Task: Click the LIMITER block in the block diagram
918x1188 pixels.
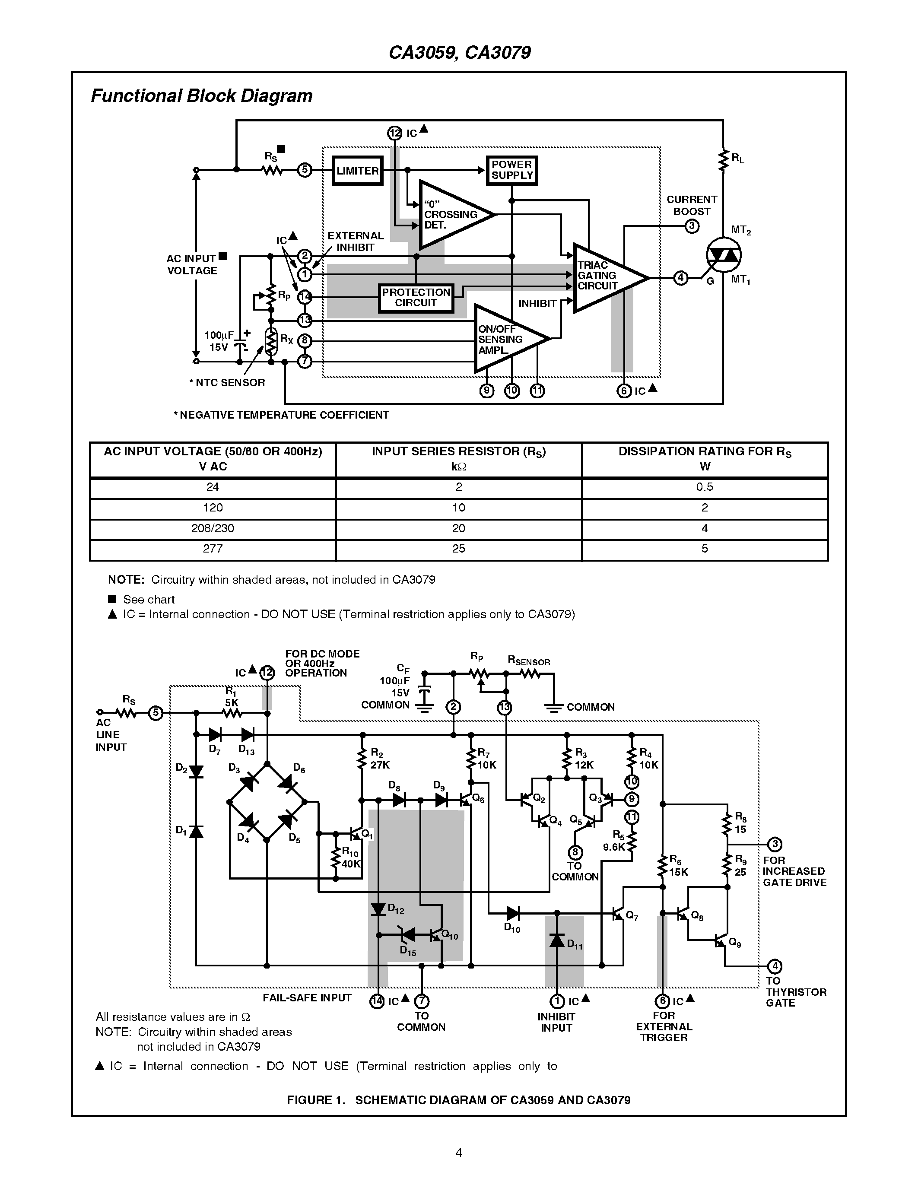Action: [357, 171]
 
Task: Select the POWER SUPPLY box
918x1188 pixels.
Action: [512, 170]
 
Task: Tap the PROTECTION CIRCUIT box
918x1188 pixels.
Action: [416, 298]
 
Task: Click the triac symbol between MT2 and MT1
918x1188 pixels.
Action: [723, 254]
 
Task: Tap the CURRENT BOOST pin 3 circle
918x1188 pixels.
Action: [691, 226]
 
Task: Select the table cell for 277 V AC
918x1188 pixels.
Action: [213, 549]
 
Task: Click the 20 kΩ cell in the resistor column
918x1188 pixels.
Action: [458, 528]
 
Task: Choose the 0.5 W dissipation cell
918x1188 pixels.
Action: [704, 487]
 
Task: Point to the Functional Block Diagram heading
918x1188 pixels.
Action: [201, 96]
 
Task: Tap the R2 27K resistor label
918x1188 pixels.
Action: [380, 759]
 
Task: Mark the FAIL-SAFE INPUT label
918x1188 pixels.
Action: [307, 998]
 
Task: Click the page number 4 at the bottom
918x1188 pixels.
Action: [458, 1152]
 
